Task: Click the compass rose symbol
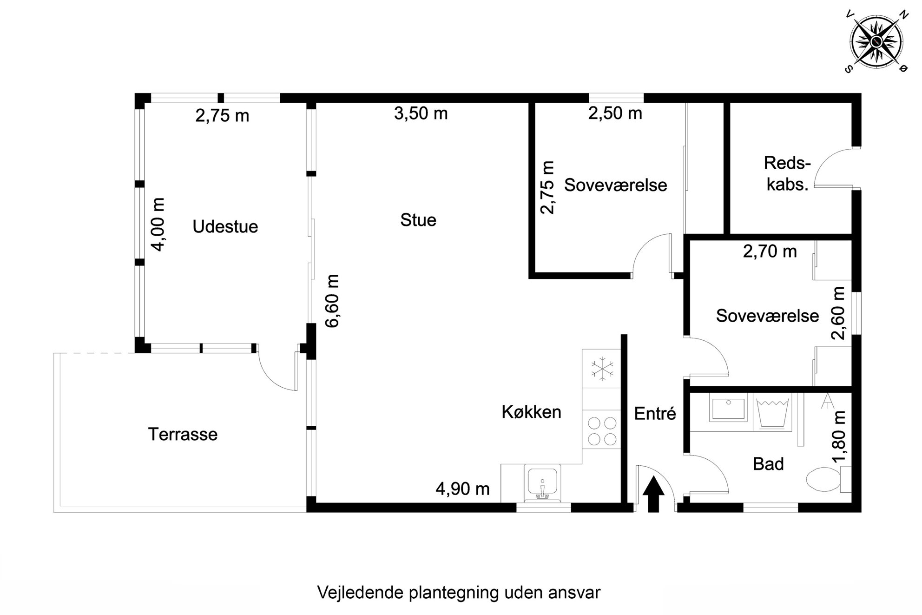pos(876,42)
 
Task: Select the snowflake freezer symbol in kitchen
pos(602,369)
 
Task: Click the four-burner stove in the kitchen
pos(602,430)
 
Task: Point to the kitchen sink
pos(542,483)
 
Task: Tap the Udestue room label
pos(225,227)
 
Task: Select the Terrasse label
pos(183,434)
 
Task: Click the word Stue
pos(418,220)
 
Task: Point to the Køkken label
pos(531,412)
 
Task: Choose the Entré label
pos(655,413)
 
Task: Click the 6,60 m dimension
pos(332,301)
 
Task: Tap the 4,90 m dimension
pos(462,489)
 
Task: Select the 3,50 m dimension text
pos(421,113)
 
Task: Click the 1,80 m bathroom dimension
pos(839,437)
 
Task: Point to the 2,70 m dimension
pos(770,251)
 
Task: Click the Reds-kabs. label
pos(787,174)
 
